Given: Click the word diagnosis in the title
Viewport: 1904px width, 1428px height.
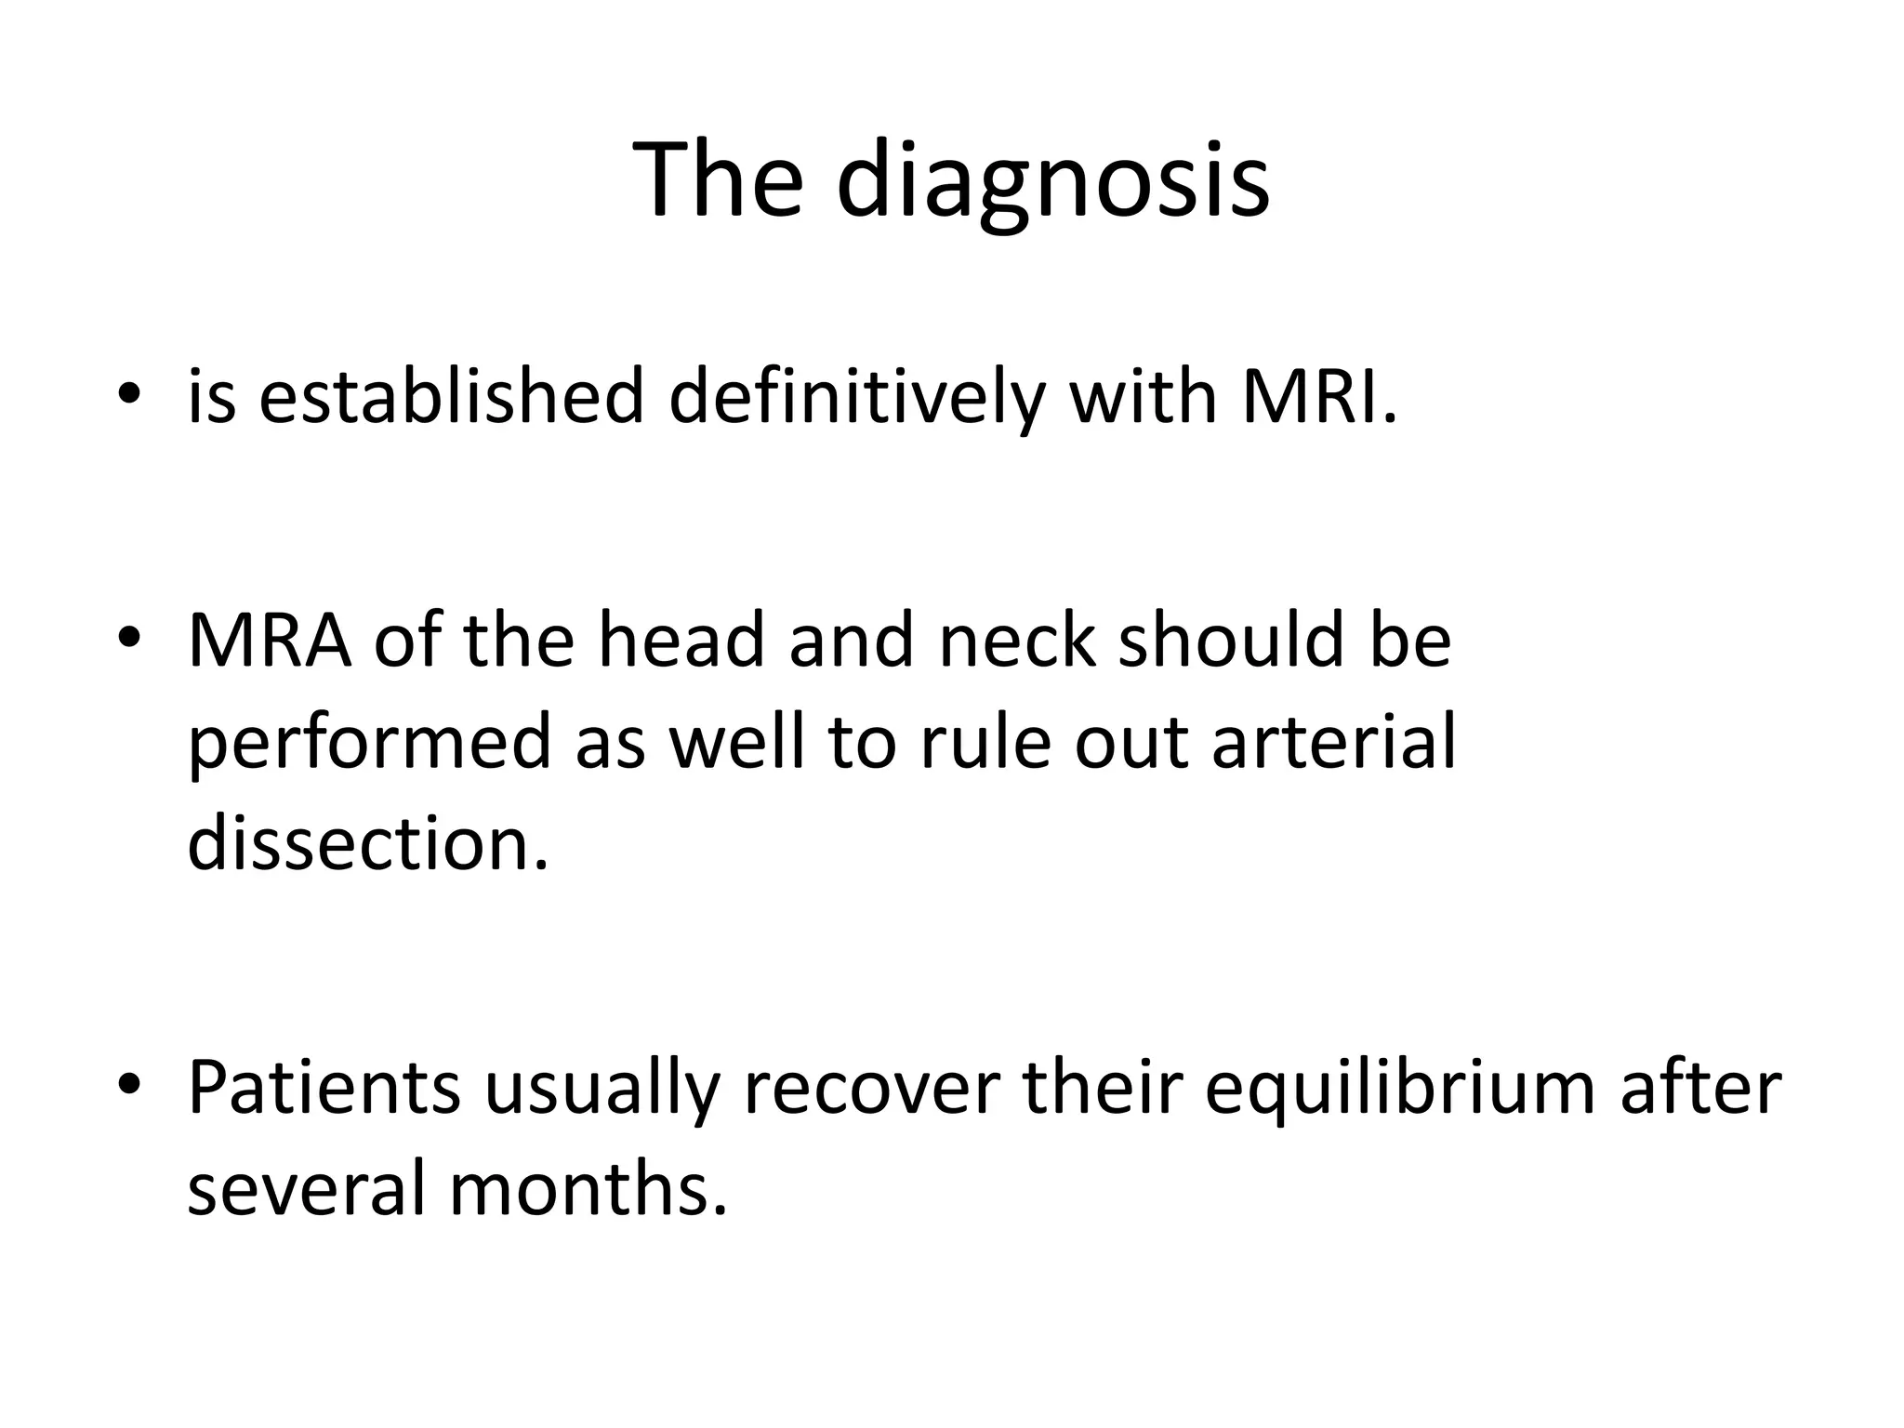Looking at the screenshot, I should pos(1052,180).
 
